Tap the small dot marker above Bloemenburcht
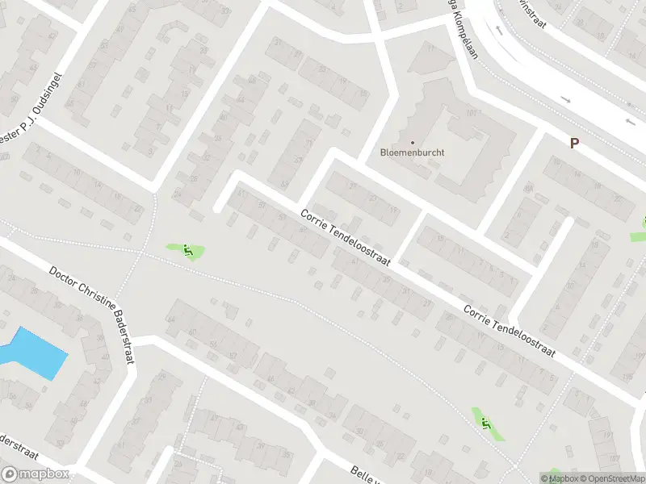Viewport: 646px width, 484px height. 413,142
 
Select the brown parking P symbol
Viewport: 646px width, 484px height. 574,143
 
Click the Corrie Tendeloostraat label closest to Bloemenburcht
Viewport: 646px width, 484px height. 346,239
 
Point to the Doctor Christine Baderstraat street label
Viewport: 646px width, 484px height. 92,315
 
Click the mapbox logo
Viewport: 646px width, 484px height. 35,474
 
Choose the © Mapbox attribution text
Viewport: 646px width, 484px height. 560,479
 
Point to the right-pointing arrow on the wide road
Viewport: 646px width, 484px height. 564,99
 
